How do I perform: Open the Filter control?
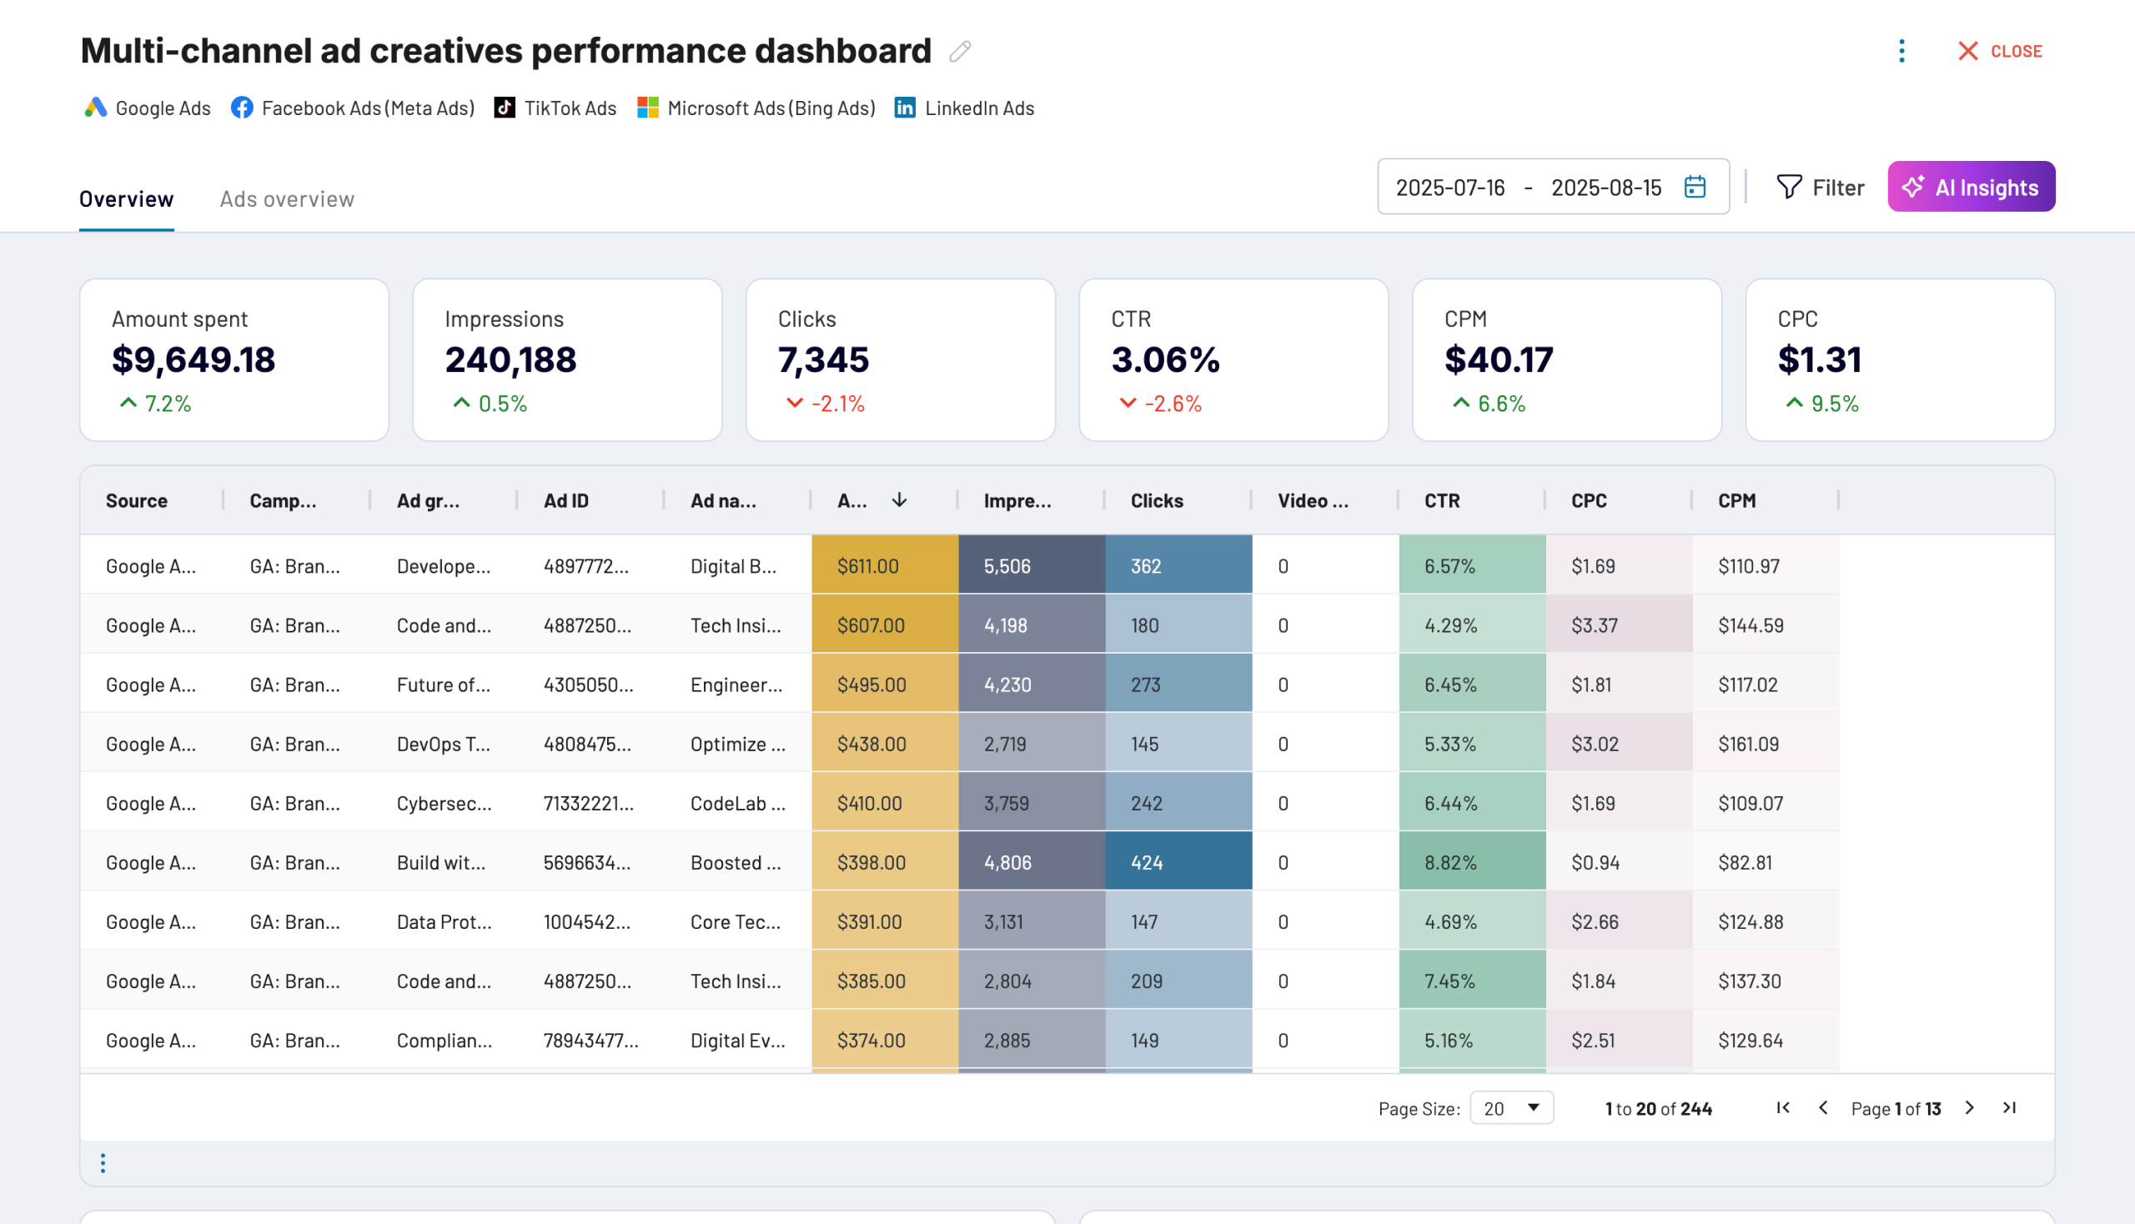click(1820, 187)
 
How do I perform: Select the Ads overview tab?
click(287, 199)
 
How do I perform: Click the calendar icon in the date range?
click(1695, 187)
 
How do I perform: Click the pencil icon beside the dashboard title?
click(959, 53)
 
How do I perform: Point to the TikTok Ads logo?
click(505, 108)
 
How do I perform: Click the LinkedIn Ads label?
click(979, 108)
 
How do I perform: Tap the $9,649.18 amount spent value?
click(193, 360)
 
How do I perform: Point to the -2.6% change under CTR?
click(1172, 404)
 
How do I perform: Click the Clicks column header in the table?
click(1156, 501)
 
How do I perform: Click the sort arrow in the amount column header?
click(899, 500)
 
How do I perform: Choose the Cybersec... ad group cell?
click(444, 804)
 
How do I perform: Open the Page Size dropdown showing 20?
click(1511, 1108)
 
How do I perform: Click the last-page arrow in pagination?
click(2009, 1108)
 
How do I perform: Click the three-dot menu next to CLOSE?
click(1901, 52)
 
